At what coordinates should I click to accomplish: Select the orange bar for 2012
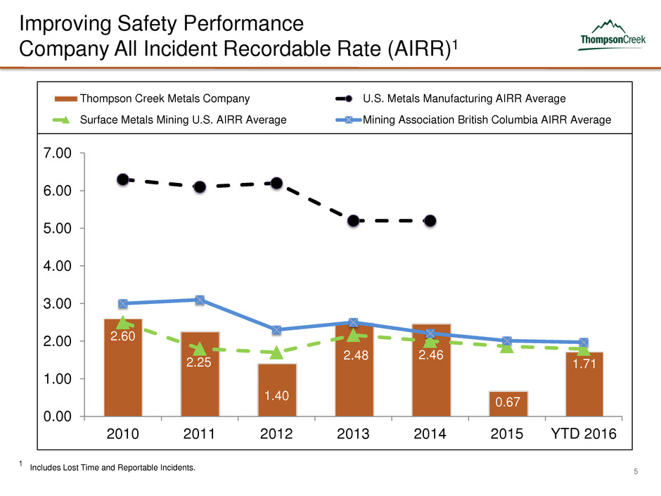tap(276, 390)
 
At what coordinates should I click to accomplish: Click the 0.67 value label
tap(507, 402)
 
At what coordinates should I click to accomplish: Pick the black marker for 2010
tap(123, 179)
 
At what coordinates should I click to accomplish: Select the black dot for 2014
tap(430, 221)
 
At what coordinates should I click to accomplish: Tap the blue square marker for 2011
tap(200, 300)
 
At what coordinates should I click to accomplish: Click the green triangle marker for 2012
tap(276, 352)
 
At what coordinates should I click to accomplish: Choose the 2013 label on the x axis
tap(354, 433)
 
